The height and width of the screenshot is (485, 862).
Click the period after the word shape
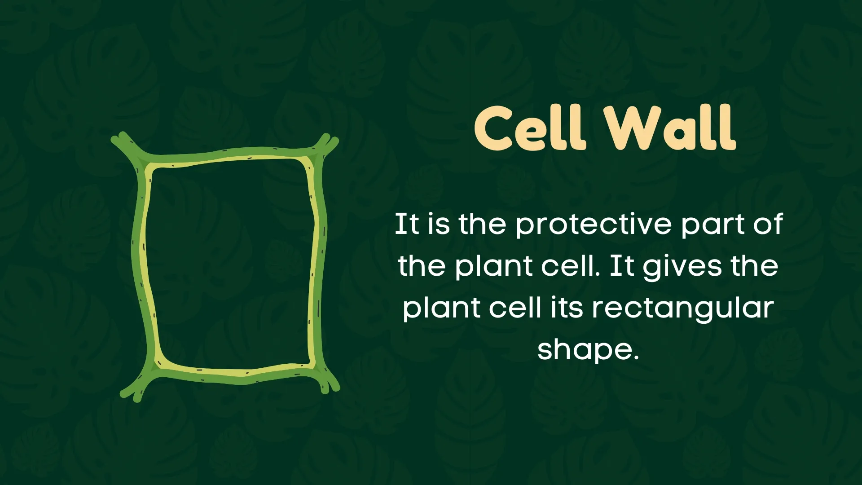[x=635, y=357]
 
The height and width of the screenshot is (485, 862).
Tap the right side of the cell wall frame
[x=318, y=265]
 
